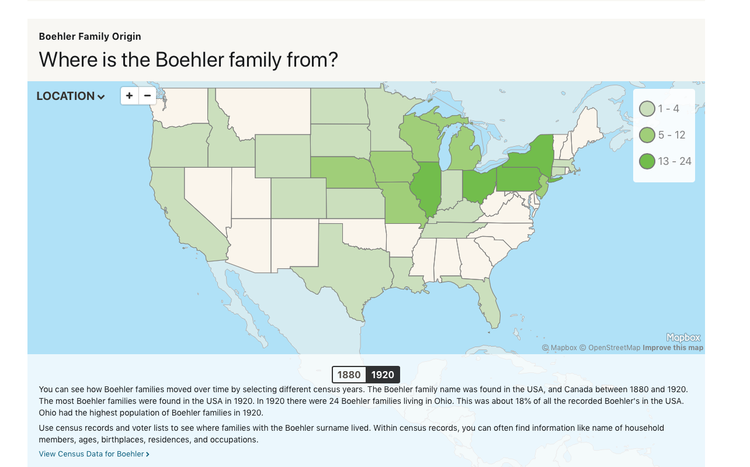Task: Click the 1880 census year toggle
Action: click(349, 375)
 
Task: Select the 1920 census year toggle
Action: click(383, 375)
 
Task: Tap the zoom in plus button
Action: click(130, 96)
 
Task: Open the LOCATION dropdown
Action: click(71, 96)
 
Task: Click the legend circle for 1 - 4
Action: click(647, 109)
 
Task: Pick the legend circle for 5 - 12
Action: click(647, 135)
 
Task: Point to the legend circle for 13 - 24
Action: click(647, 161)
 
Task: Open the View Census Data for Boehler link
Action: click(94, 454)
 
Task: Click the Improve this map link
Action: click(673, 348)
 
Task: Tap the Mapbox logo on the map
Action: click(683, 338)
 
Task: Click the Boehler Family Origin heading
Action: click(90, 36)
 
